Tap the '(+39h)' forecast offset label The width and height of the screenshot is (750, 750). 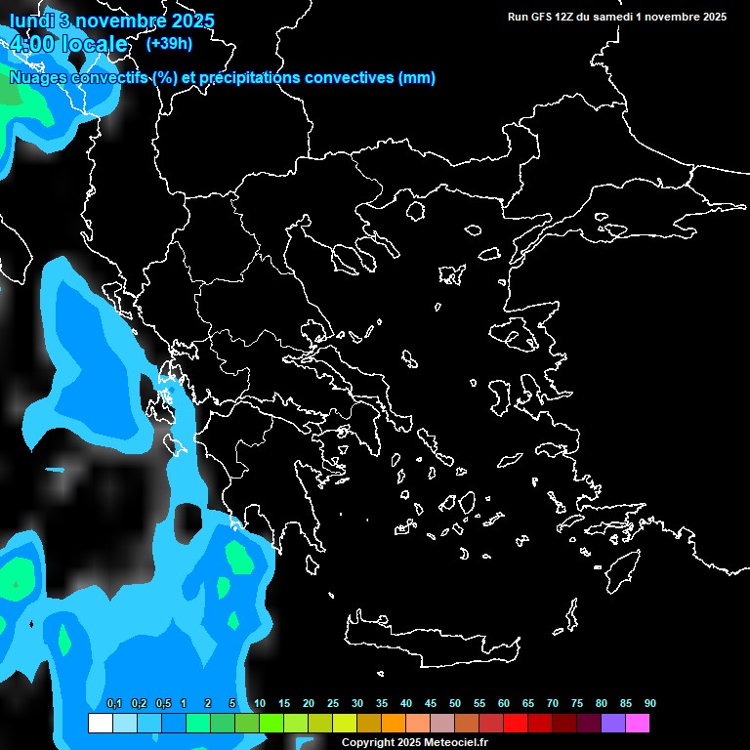point(169,43)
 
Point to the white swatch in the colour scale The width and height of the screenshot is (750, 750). point(100,723)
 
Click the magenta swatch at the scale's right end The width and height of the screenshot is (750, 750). point(637,723)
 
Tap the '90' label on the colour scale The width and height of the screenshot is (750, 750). point(649,703)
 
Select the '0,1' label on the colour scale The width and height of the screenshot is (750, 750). point(114,703)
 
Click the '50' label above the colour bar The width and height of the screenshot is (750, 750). point(455,703)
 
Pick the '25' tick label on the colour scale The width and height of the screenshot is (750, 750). point(333,703)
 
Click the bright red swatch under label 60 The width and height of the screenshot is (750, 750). point(515,723)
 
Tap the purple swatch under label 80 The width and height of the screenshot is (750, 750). point(612,723)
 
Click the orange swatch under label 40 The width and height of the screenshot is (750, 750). point(393,723)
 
